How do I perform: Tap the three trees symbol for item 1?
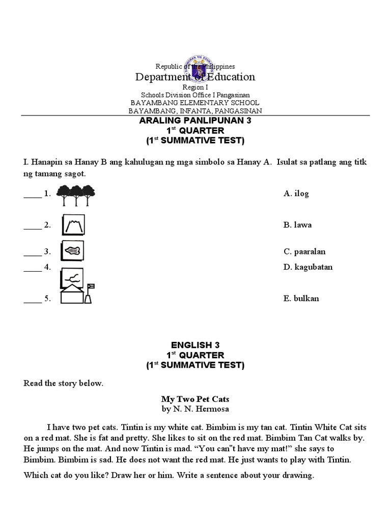[x=76, y=194]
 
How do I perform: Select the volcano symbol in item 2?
[x=73, y=225]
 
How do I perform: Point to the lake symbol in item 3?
[x=73, y=250]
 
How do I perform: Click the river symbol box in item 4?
[x=73, y=277]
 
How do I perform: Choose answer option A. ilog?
[x=296, y=193]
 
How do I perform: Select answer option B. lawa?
[x=298, y=225]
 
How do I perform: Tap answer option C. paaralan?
[x=304, y=251]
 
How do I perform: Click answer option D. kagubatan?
[x=308, y=267]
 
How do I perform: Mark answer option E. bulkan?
[x=301, y=299]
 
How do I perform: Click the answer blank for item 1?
[x=32, y=194]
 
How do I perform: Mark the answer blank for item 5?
[x=32, y=300]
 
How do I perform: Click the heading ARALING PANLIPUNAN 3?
[x=195, y=121]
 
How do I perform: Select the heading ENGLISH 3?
[x=195, y=345]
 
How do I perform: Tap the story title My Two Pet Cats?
[x=195, y=400]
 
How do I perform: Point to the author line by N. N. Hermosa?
[x=195, y=409]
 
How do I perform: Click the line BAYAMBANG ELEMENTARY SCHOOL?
[x=195, y=102]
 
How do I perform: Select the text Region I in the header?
[x=195, y=88]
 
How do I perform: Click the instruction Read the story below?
[x=64, y=383]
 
